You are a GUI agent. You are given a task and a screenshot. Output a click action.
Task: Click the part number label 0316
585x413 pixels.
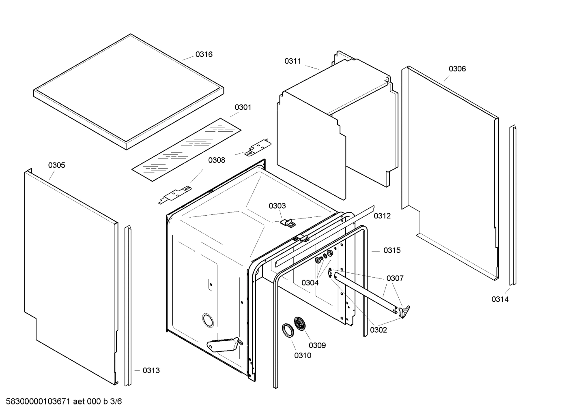(204, 54)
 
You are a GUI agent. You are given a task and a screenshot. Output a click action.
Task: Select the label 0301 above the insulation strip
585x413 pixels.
(243, 107)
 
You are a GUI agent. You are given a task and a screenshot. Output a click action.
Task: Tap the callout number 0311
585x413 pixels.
(292, 61)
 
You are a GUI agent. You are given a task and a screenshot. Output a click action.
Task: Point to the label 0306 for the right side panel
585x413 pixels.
(457, 69)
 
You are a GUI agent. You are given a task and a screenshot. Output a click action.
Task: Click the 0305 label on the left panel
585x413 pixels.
(56, 165)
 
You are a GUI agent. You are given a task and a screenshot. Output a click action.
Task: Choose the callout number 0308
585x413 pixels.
(217, 160)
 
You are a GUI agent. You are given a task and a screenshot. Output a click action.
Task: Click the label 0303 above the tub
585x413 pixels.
(277, 206)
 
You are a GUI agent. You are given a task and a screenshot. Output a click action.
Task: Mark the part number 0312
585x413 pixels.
(382, 216)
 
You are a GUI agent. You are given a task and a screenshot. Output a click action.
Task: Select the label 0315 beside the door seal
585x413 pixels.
(392, 250)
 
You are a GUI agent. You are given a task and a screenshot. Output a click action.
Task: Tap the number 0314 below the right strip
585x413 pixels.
(500, 300)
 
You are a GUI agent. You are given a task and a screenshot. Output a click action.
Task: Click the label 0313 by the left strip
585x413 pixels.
(151, 370)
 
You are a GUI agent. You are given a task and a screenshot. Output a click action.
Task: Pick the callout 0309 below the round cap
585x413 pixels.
(317, 346)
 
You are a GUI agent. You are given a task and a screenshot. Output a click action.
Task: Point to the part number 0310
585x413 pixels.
(303, 356)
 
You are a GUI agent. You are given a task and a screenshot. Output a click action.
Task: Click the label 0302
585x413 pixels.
(378, 330)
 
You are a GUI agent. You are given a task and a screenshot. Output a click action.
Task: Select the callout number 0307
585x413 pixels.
(395, 278)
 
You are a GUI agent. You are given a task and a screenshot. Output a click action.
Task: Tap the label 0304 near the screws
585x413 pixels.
(310, 283)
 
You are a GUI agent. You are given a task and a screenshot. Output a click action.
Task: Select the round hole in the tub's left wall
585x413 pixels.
(208, 320)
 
